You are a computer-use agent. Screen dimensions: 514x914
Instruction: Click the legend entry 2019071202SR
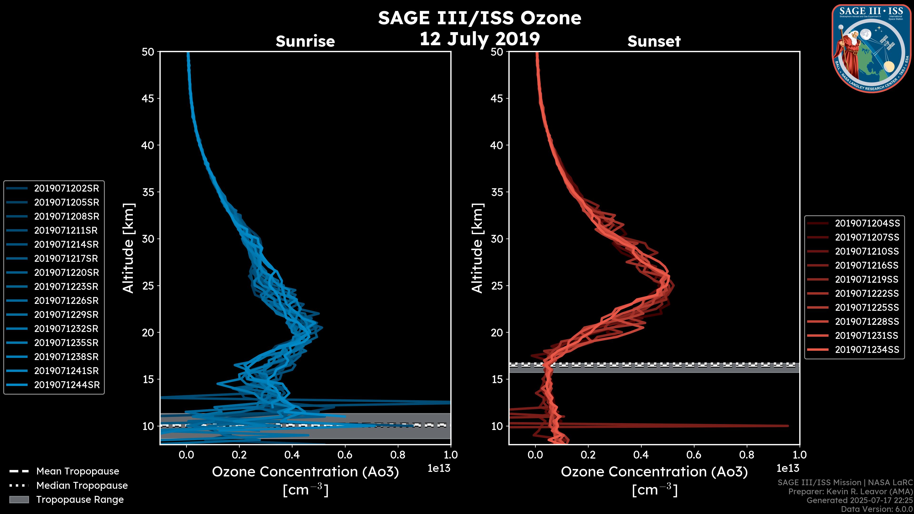pos(66,188)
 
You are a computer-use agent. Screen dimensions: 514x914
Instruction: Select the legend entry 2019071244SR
pos(67,385)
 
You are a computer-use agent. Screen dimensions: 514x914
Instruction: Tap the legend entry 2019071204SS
pos(867,223)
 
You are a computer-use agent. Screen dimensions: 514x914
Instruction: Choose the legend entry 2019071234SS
pos(867,350)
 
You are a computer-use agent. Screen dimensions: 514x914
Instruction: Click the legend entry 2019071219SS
pos(866,280)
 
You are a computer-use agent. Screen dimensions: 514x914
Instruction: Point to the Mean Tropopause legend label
pos(78,471)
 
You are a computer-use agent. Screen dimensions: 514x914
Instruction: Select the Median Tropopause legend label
pos(82,486)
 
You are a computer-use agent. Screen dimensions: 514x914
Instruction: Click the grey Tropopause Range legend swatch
pos(19,499)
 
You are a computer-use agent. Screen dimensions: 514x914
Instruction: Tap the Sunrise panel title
pos(305,41)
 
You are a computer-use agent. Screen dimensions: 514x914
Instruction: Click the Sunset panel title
pos(654,41)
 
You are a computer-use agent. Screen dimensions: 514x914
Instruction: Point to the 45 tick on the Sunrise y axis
pos(148,99)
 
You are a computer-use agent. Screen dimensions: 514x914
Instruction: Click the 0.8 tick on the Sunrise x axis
pos(397,455)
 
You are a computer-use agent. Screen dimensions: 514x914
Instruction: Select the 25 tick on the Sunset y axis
pos(497,286)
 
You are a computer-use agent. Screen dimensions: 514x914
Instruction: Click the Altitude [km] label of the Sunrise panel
pos(129,248)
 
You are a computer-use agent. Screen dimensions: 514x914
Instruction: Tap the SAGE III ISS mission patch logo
pos(871,49)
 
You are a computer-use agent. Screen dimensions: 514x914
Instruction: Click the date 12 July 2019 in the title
pos(479,39)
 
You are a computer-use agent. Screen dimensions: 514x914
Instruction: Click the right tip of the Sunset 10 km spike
pos(788,426)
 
